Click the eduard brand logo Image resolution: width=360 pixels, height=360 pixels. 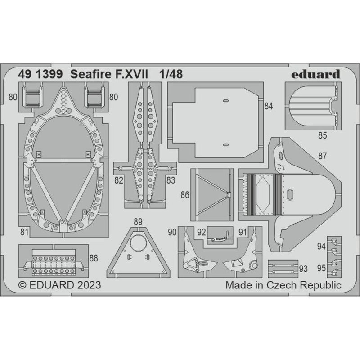tap(315, 74)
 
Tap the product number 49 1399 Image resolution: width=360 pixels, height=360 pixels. tap(40, 74)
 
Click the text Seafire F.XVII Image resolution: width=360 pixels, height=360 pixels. tap(109, 74)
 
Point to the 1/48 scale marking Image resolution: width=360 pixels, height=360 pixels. tap(171, 74)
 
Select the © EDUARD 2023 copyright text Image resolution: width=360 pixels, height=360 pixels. tap(60, 285)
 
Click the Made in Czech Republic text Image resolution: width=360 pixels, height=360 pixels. tap(283, 285)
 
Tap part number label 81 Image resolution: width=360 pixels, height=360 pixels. tap(24, 232)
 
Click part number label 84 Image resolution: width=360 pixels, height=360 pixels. tap(268, 106)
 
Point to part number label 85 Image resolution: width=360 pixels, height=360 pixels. tap(322, 135)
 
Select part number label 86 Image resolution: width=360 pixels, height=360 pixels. tap(185, 195)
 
